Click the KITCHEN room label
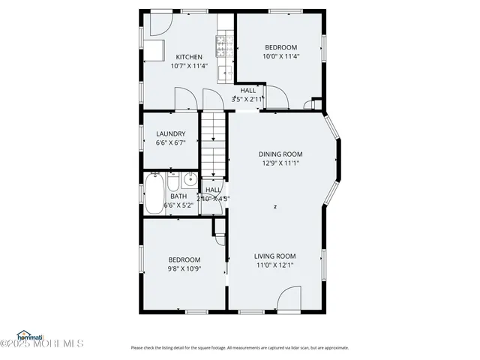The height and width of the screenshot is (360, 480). [x=189, y=57]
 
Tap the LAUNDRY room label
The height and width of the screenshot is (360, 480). [x=170, y=134]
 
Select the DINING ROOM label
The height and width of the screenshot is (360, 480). [x=281, y=154]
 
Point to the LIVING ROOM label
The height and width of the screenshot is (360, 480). [x=274, y=255]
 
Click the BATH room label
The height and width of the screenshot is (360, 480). [x=178, y=196]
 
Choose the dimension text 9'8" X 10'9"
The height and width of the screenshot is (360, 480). [x=184, y=268]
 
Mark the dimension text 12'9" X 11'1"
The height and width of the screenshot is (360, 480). [x=281, y=163]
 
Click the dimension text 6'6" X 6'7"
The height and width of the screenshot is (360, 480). [x=170, y=142]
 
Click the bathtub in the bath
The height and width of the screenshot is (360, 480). [x=154, y=193]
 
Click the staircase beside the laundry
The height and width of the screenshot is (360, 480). [x=213, y=142]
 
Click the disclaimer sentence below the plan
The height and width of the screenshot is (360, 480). [x=239, y=347]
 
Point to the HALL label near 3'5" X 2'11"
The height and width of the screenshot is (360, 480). [x=248, y=90]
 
